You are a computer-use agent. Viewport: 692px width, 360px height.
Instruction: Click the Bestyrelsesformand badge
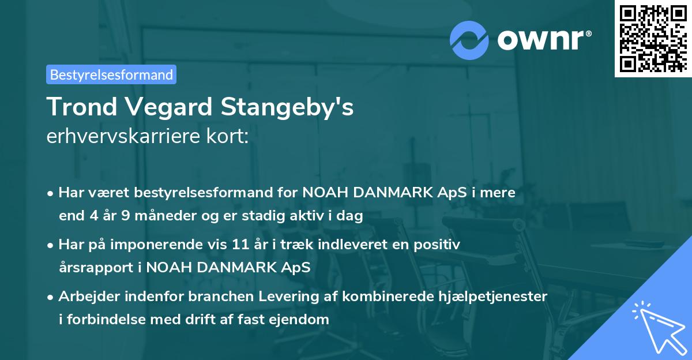111,74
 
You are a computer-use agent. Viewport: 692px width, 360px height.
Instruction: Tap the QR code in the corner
653,38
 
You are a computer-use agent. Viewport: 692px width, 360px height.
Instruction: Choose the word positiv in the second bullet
438,245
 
